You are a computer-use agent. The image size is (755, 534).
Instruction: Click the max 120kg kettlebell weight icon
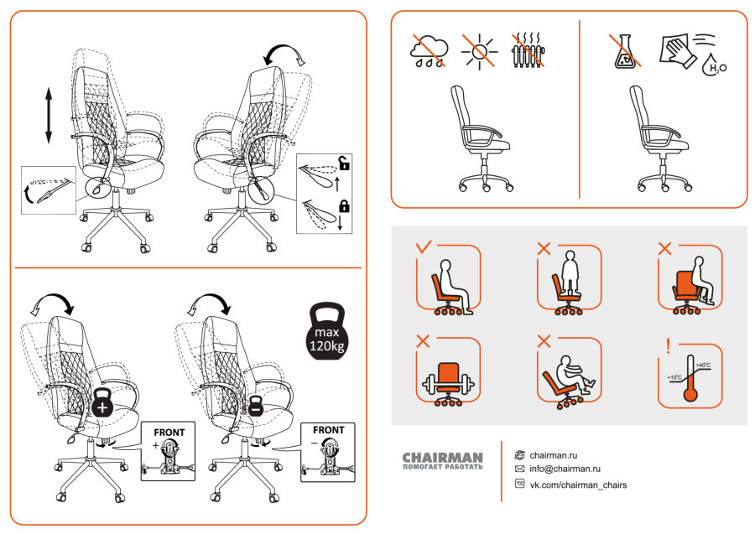coord(326,331)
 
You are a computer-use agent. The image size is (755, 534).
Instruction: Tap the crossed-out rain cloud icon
coord(429,50)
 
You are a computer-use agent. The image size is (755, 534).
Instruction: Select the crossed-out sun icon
coord(479,51)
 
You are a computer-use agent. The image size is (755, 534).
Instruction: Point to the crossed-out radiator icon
coord(528,50)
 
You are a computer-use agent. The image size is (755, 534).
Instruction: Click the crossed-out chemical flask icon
coord(626,51)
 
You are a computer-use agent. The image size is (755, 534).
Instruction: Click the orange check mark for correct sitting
coord(424,247)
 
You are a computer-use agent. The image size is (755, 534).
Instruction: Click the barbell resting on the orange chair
coord(448,385)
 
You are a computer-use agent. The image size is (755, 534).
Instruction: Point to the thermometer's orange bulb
coord(690,396)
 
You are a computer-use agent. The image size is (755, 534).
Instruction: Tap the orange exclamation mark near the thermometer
coord(668,346)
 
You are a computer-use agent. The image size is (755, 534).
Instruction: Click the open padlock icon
coord(344,163)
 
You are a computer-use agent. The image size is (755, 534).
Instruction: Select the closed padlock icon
coord(344,205)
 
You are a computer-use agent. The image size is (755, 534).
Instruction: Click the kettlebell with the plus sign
coord(102,402)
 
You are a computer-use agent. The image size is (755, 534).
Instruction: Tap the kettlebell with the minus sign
coord(256,406)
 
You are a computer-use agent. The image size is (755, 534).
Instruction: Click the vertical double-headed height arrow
coord(49,116)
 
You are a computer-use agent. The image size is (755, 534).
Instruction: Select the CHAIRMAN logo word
coord(442,457)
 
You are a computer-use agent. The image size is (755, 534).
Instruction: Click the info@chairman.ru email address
coord(565,469)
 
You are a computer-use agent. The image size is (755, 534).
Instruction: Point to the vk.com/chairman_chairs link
coord(578,485)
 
